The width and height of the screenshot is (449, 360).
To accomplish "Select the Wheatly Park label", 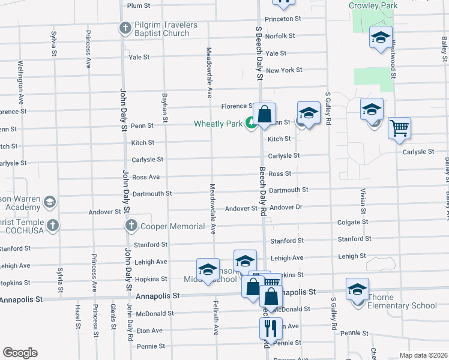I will click(218, 124).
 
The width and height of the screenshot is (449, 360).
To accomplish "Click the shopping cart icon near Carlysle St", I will click(399, 128).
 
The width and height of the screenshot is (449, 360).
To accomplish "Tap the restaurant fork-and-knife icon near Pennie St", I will click(270, 328).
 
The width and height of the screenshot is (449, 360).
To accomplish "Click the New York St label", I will click(284, 70).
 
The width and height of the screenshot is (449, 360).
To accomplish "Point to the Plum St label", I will click(138, 5).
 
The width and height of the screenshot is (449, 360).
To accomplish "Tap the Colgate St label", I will click(352, 221).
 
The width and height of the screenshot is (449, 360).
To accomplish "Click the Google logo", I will click(20, 352).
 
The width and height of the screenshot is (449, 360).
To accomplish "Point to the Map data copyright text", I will click(423, 355).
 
